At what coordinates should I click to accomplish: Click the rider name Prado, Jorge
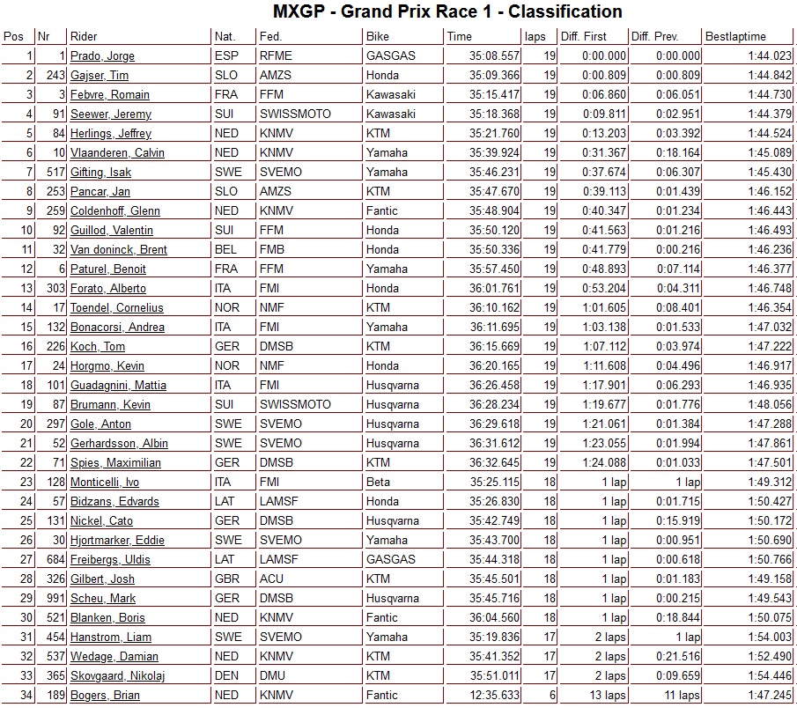(102, 56)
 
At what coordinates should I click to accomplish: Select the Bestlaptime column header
(735, 36)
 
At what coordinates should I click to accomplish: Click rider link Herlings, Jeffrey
(111, 134)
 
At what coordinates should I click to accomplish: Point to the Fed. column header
(269, 36)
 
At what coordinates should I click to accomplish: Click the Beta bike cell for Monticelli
(377, 483)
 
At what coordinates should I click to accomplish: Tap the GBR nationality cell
(226, 579)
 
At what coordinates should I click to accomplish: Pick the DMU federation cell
(273, 676)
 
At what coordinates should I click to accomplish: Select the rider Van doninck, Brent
(119, 250)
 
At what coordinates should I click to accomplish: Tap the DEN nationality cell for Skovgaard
(226, 676)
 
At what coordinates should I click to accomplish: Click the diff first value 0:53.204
(601, 289)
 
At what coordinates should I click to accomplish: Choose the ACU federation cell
(271, 579)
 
